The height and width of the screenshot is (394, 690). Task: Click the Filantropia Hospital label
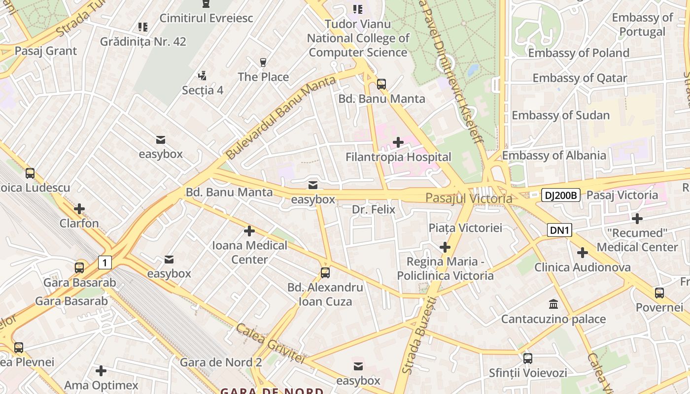398,157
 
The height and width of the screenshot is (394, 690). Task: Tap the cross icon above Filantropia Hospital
398,143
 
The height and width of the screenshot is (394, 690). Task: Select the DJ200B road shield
561,195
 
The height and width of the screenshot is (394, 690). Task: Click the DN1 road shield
559,230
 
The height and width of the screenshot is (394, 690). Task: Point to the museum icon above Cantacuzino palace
553,304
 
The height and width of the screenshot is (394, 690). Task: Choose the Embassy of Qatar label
580,78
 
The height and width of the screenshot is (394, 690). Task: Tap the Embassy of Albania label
554,156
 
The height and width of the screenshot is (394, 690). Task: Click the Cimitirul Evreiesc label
206,18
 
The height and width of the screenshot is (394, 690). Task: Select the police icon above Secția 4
202,76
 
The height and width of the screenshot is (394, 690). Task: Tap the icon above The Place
263,63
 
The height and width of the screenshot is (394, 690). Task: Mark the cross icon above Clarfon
79,209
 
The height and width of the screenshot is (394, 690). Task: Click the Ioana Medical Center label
249,252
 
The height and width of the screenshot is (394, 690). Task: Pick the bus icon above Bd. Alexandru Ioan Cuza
325,273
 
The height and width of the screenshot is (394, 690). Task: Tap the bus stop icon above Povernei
659,293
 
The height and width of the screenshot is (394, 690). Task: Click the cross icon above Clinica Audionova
583,253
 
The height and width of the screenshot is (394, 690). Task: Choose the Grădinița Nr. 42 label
143,41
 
